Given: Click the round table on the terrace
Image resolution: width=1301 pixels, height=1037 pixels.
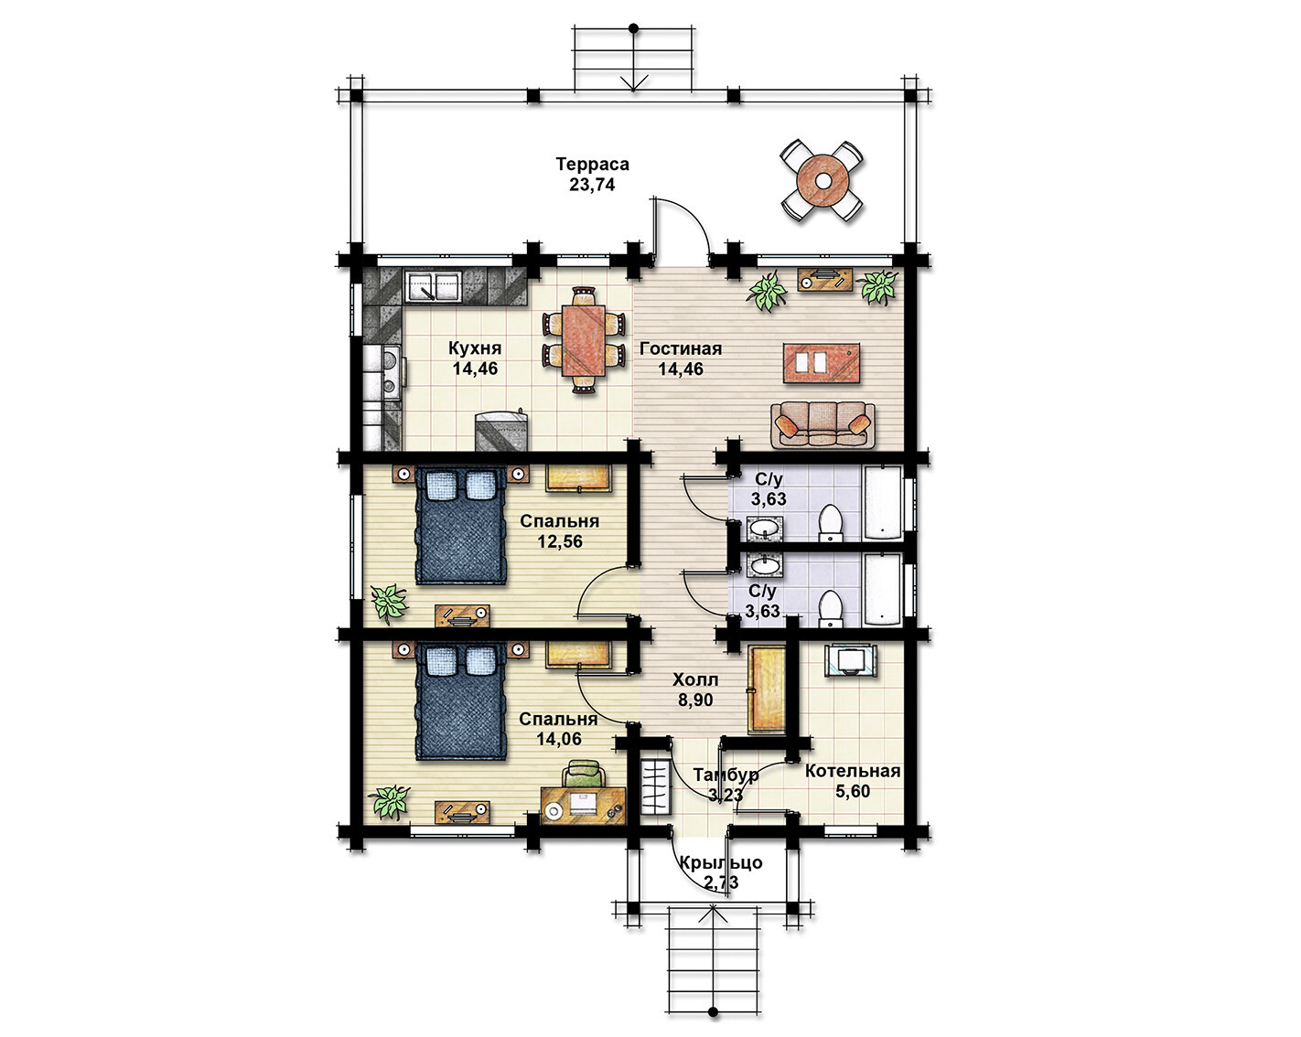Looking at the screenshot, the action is point(823,181).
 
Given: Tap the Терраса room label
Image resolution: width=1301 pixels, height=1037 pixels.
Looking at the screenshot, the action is point(593,164).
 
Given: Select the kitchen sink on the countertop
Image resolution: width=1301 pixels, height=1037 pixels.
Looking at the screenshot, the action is point(432,286).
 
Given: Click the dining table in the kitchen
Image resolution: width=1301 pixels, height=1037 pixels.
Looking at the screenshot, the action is point(584,340).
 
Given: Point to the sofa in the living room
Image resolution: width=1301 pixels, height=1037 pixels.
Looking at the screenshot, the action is point(823,425).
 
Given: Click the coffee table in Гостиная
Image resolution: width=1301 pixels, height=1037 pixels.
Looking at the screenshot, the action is point(822,363).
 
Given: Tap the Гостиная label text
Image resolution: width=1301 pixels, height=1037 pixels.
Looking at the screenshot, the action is point(681,348).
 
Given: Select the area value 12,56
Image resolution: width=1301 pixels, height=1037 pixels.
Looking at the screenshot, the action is point(560,540).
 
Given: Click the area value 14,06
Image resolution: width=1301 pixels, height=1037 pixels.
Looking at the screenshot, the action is point(559,738).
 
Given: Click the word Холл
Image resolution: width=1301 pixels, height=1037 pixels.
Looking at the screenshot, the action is point(695,679).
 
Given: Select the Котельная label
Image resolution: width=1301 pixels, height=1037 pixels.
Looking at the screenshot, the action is point(853,771).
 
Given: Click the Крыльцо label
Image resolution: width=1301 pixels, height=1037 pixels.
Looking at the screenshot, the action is point(721,863).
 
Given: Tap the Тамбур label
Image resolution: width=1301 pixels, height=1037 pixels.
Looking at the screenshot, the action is point(726,775).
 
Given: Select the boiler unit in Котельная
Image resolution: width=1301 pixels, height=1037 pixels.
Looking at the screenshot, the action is point(851,659).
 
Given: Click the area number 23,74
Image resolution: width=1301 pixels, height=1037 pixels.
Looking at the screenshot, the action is point(592,185).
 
